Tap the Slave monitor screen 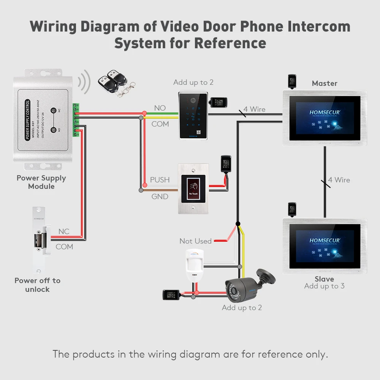click(x=325, y=245)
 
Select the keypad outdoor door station click(x=193, y=115)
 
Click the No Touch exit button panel click(x=193, y=188)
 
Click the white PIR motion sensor click(x=195, y=266)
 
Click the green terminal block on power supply click(x=76, y=120)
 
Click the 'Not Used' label click(x=195, y=241)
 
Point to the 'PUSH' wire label click(x=160, y=180)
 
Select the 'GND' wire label click(x=160, y=196)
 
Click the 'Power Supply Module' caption click(x=41, y=182)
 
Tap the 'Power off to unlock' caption click(x=37, y=285)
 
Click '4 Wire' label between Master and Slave click(x=339, y=180)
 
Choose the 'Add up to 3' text click(x=324, y=286)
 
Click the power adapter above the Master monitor click(x=292, y=81)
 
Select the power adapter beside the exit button click(x=226, y=164)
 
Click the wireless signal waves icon click(x=84, y=81)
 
